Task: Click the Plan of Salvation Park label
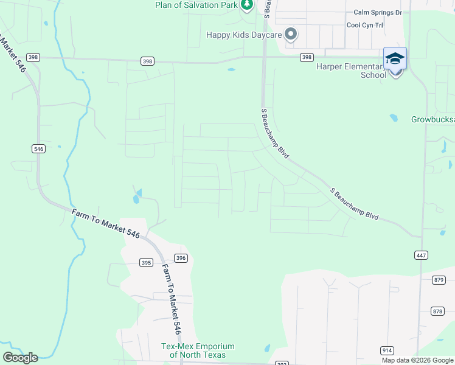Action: [196, 5]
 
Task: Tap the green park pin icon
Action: [246, 5]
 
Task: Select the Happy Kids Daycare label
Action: [243, 35]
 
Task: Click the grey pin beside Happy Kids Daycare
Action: [291, 35]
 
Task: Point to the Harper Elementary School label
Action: [352, 71]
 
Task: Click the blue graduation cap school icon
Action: [395, 59]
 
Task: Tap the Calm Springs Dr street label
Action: [378, 12]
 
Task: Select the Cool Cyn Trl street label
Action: [365, 25]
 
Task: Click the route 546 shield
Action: [38, 148]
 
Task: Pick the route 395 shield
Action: [145, 263]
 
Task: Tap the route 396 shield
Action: [180, 258]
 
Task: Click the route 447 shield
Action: [420, 254]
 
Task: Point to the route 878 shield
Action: [437, 311]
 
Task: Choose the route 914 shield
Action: [387, 350]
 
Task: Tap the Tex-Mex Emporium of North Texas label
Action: [198, 350]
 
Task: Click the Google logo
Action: [20, 358]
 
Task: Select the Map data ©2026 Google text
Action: [417, 360]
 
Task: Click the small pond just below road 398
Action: [231, 69]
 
